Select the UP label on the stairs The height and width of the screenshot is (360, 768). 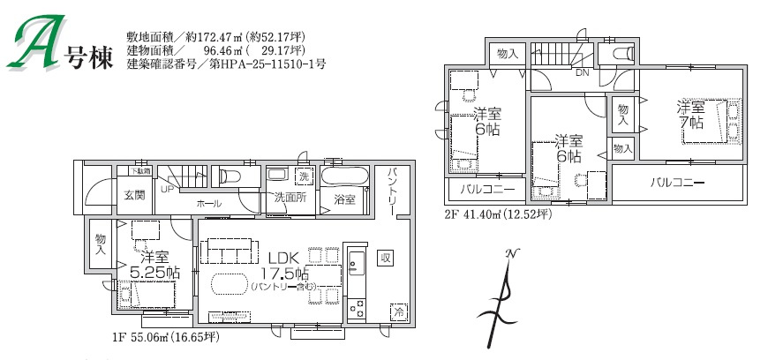click(167, 188)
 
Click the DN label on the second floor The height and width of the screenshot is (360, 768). click(582, 72)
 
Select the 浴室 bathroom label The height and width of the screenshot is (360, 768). click(345, 199)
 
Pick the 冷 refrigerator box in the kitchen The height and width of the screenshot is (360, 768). click(399, 312)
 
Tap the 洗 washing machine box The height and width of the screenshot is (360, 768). click(304, 176)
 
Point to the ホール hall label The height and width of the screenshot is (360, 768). click(209, 204)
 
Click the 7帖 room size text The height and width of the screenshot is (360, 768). click(691, 123)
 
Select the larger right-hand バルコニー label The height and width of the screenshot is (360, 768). click(678, 184)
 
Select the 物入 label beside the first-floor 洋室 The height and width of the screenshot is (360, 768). click(101, 244)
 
